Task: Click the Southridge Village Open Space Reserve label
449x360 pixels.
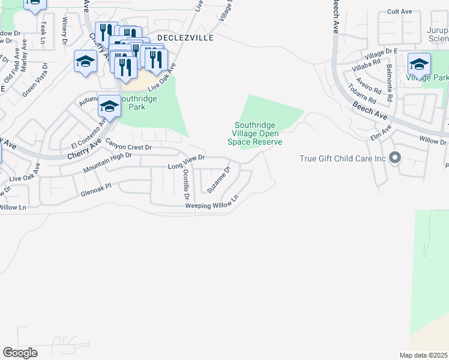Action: click(x=255, y=134)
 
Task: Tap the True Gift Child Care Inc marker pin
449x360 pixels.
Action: click(x=394, y=158)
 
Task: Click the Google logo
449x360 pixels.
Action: click(x=20, y=352)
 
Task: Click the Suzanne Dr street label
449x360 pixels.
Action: click(x=219, y=179)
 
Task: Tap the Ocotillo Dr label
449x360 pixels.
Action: click(x=186, y=184)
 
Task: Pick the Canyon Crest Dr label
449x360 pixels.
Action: click(x=129, y=145)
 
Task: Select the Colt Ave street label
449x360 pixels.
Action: click(x=399, y=11)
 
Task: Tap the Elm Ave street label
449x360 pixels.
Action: click(x=381, y=131)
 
